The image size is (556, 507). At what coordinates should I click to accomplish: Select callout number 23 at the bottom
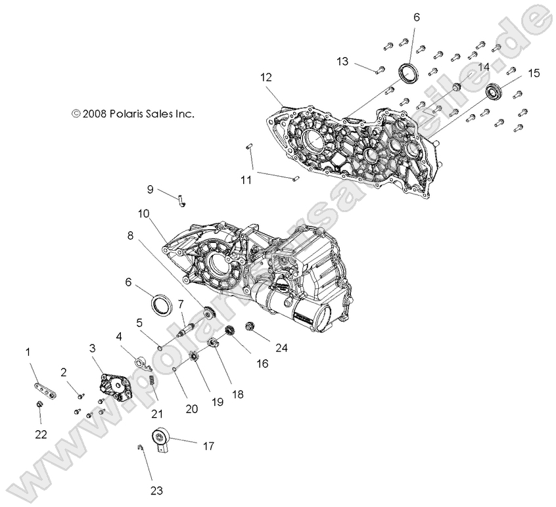pos(157,490)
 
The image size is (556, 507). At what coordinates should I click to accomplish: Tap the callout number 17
pos(208,447)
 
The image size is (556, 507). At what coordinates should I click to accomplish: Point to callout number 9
pos(151,189)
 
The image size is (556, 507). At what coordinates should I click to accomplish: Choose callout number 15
pos(533,73)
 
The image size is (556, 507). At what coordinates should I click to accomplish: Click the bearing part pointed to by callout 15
pos(494,91)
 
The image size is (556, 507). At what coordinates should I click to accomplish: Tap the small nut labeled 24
pos(250,326)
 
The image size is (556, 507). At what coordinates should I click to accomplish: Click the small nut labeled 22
pos(40,404)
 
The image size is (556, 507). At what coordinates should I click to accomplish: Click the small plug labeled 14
pos(455,87)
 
